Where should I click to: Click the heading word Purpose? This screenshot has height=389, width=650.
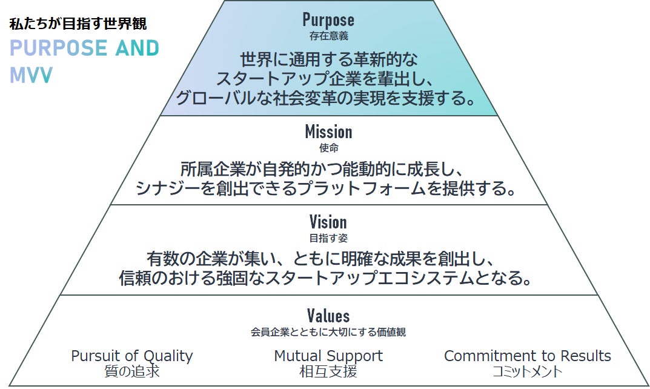328,20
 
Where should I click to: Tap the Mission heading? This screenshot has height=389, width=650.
328,131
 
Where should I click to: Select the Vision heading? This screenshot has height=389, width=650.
328,222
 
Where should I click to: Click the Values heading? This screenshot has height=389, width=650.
328,316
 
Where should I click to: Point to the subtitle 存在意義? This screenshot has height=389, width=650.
328,36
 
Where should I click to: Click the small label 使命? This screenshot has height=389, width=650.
328,148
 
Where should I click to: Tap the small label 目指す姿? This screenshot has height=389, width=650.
328,238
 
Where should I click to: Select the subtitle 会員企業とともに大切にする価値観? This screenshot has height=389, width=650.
328,332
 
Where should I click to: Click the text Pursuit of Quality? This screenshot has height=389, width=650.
131,356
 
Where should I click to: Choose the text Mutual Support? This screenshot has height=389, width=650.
328,356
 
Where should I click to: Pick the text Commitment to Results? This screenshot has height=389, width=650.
527,356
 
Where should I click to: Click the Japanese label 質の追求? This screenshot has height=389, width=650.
131,371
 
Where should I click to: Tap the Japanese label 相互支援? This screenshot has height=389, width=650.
328,371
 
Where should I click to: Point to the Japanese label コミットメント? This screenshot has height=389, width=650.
527,371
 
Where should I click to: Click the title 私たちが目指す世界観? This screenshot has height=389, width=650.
78,25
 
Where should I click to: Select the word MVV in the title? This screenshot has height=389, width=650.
32,75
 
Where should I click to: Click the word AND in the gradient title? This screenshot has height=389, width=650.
137,48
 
